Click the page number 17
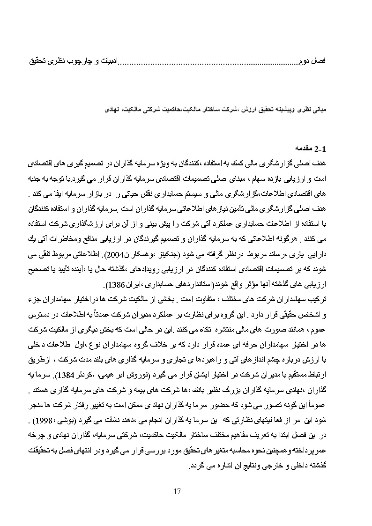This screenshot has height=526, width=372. click(177, 491)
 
